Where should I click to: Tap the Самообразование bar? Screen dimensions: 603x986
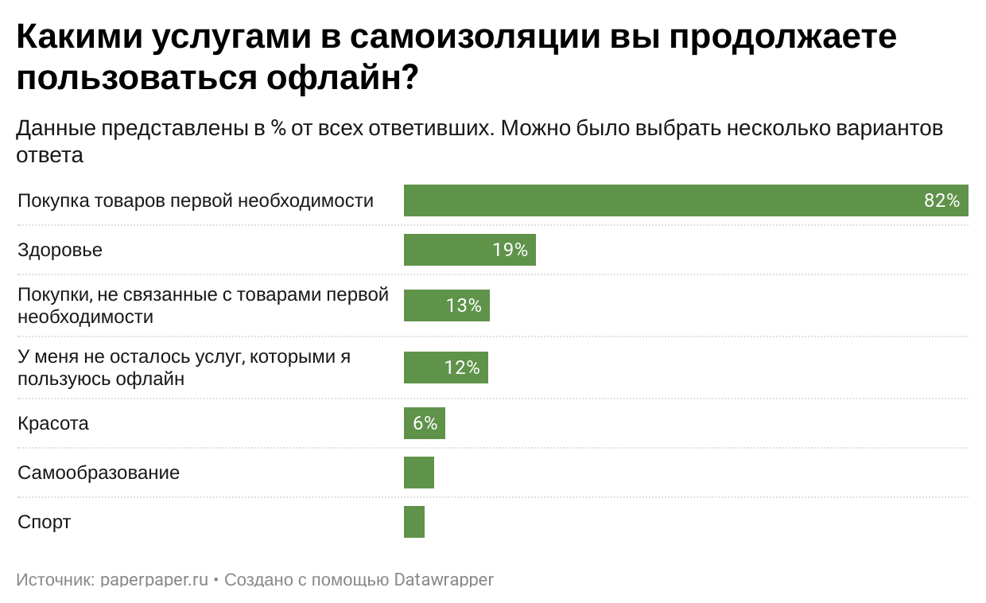pos(418,473)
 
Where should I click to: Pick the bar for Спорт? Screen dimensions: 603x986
pos(413,522)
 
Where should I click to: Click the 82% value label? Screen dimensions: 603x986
pos(941,200)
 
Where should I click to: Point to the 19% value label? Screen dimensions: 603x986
pos(510,250)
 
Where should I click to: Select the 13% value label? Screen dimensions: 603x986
pos(464,305)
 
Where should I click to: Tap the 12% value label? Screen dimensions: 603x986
pos(462,368)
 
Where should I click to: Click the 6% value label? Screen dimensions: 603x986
pos(425,423)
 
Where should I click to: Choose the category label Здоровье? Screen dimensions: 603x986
pos(60,250)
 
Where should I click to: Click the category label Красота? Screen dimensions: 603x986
pos(52,423)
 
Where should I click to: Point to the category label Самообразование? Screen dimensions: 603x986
pos(99,473)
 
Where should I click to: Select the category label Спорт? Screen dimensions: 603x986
pos(44,522)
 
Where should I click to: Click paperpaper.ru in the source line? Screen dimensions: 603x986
pos(155,579)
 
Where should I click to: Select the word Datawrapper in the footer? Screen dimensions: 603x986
pos(444,579)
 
